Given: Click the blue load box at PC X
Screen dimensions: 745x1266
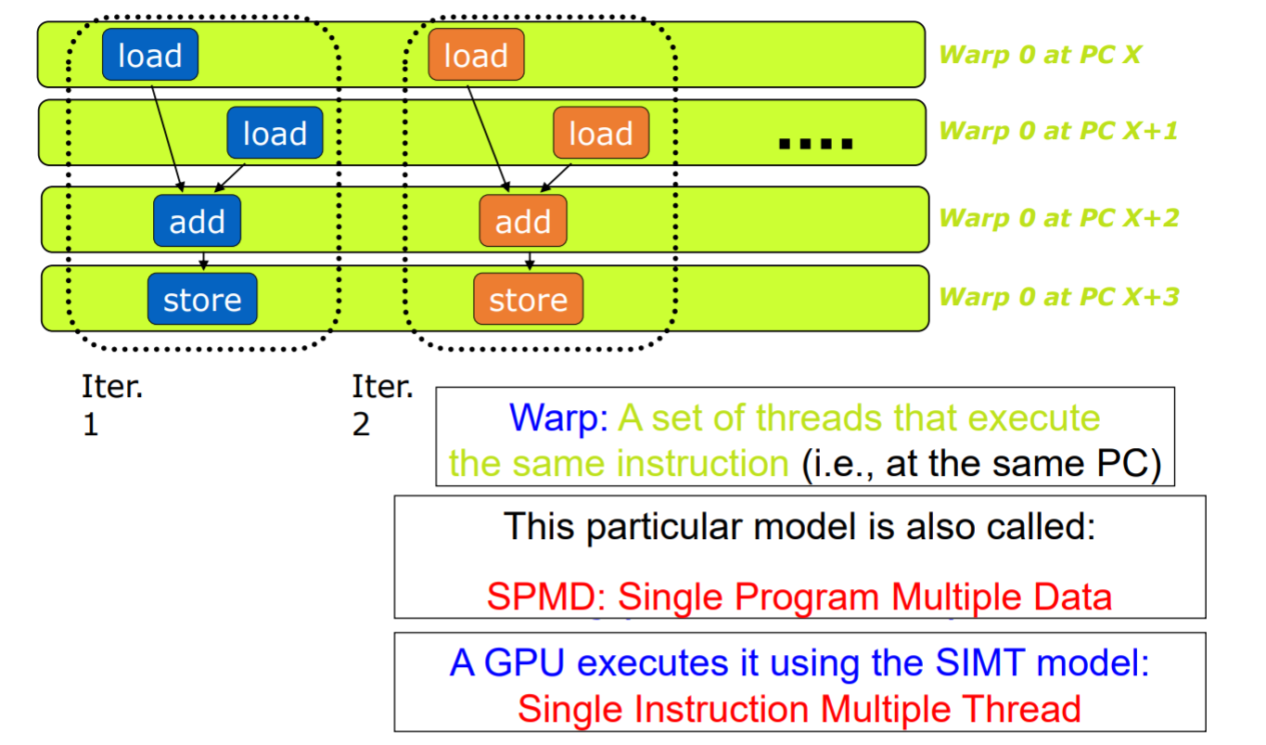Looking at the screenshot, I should (x=149, y=56).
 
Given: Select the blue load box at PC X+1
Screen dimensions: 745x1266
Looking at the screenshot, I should (x=275, y=134).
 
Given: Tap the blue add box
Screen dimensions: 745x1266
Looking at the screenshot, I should (x=197, y=221).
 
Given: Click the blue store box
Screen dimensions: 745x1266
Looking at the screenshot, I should (x=202, y=300).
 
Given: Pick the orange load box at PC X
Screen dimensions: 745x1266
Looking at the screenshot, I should (x=476, y=56).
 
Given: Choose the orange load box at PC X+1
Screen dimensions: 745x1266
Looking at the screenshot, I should (x=600, y=134).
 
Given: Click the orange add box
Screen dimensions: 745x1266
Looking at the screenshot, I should (x=523, y=221).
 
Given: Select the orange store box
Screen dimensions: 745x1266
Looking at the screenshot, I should (x=528, y=300).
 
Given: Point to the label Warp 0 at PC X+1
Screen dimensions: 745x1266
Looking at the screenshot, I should (x=1057, y=131).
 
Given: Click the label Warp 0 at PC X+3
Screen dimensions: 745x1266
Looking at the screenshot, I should (x=1058, y=297).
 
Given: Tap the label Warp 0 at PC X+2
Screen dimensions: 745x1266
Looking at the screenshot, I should (x=1058, y=218).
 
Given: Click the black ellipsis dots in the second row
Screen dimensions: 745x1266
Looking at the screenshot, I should (x=815, y=144).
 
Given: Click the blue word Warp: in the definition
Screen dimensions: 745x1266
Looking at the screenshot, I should (x=558, y=418).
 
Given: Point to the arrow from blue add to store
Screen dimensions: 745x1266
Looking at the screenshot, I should (x=203, y=260).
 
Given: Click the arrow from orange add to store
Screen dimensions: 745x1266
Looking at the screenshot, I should (x=529, y=260).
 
